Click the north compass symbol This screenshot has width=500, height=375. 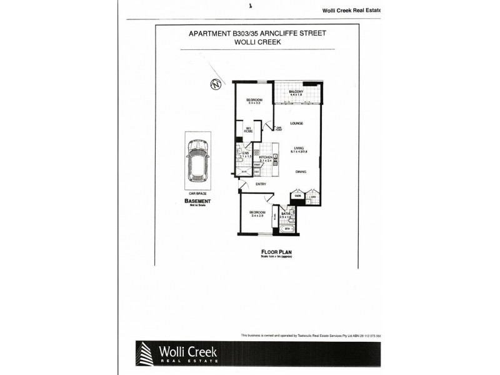(216, 85)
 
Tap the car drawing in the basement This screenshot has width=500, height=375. (197, 161)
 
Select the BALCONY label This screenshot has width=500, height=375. (296, 92)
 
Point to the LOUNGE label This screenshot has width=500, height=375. (296, 123)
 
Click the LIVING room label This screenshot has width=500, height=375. (296, 147)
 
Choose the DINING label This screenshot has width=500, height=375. (301, 172)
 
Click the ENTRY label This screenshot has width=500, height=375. (261, 184)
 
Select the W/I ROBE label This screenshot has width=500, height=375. (248, 131)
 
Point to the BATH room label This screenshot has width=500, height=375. (286, 214)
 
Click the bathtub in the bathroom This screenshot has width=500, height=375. (288, 228)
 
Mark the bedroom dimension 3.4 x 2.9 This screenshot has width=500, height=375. (257, 216)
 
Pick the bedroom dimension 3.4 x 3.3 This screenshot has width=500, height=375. (253, 104)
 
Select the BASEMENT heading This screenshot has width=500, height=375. (197, 201)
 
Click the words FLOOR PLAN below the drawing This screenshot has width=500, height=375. (276, 252)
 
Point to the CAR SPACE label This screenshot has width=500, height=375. (197, 194)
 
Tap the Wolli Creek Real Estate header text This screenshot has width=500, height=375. (350, 9)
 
